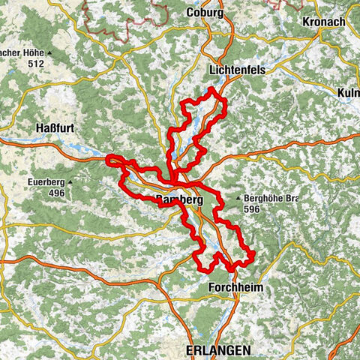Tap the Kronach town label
tap(324, 22)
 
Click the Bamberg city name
tap(179, 199)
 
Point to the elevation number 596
tap(253, 210)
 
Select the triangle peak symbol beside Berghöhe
tap(238, 199)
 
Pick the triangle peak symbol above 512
tap(49, 54)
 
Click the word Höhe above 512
tap(31, 54)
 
